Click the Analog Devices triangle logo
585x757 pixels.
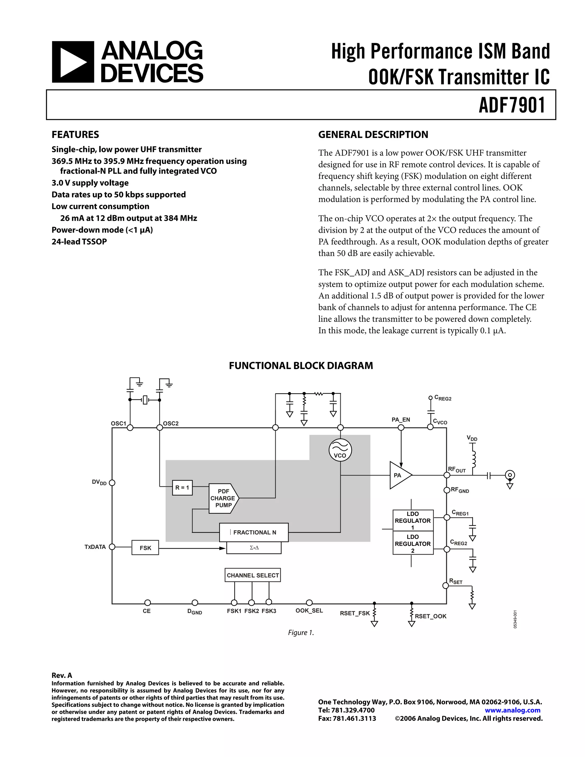pyautogui.click(x=73, y=62)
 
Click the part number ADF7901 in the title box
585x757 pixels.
pyautogui.click(x=512, y=105)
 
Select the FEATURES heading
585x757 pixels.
pyautogui.click(x=75, y=135)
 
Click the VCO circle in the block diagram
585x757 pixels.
pyautogui.click(x=340, y=450)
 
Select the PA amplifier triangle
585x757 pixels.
pyautogui.click(x=400, y=475)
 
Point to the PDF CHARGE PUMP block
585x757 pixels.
pyautogui.click(x=223, y=498)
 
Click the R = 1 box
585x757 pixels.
pyautogui.click(x=182, y=488)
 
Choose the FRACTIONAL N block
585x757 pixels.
pyautogui.click(x=254, y=532)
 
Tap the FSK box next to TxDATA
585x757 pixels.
pyautogui.click(x=145, y=548)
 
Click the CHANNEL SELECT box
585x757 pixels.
pyautogui.click(x=253, y=575)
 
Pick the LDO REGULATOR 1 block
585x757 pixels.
pyautogui.click(x=413, y=520)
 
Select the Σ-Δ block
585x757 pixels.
pyautogui.click(x=254, y=548)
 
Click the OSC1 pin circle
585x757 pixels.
pyautogui.click(x=130, y=428)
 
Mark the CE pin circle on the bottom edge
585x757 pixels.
pyautogui.click(x=147, y=603)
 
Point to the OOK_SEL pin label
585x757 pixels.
pyautogui.click(x=309, y=610)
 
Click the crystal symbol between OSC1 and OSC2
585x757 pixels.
pyautogui.click(x=145, y=400)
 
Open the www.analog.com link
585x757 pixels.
pyautogui.click(x=512, y=710)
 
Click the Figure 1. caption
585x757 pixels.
pyautogui.click(x=301, y=632)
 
